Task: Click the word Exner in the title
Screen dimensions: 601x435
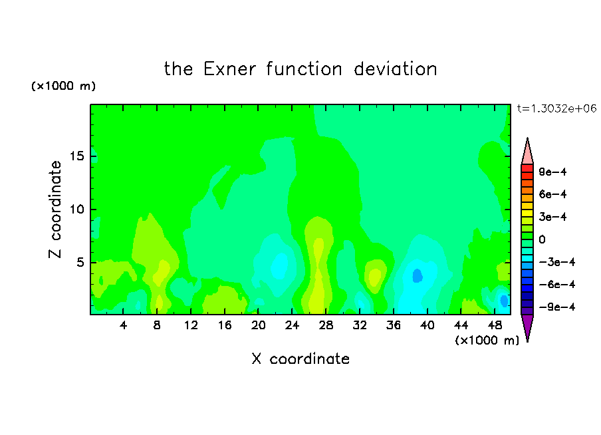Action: pyautogui.click(x=229, y=69)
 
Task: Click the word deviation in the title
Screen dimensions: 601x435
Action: pyautogui.click(x=395, y=69)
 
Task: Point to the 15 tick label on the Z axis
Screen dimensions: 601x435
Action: pyautogui.click(x=77, y=156)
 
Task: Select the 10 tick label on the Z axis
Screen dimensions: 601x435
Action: pyautogui.click(x=77, y=210)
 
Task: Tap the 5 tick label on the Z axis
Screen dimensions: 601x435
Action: pyautogui.click(x=80, y=262)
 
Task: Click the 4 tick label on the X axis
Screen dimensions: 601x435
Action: pyautogui.click(x=123, y=325)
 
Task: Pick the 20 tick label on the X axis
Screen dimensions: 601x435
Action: pyautogui.click(x=259, y=325)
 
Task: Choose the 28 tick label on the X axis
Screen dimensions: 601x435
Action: pyautogui.click(x=326, y=325)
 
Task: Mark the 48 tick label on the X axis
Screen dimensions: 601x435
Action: pyautogui.click(x=495, y=325)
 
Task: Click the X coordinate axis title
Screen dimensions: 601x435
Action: pyautogui.click(x=300, y=359)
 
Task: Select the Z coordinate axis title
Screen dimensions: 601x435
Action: pyautogui.click(x=55, y=210)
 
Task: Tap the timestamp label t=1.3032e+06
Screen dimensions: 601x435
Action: pyautogui.click(x=556, y=108)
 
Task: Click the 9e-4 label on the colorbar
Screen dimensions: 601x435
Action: pyautogui.click(x=552, y=172)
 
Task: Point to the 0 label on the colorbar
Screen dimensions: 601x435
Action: pyautogui.click(x=542, y=239)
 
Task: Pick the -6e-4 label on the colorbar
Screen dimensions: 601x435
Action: pyautogui.click(x=557, y=285)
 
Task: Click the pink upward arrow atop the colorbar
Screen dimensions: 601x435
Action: pyautogui.click(x=527, y=152)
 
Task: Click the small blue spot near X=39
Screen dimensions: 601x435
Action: pyautogui.click(x=418, y=275)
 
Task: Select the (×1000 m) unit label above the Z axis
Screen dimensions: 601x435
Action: pyautogui.click(x=63, y=86)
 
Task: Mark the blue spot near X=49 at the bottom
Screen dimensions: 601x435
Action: pyautogui.click(x=505, y=301)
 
